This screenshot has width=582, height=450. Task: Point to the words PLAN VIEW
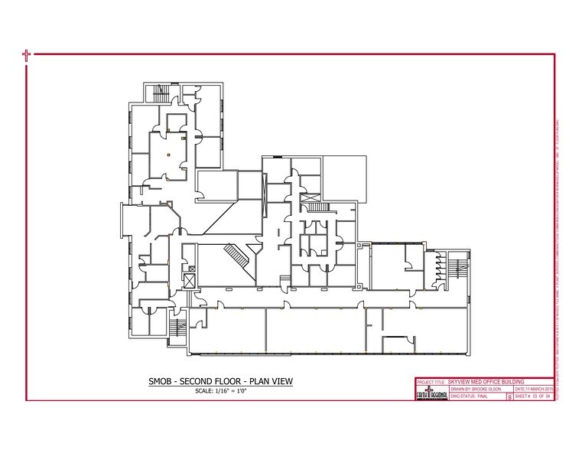point(268,381)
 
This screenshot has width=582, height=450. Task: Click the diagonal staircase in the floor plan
point(234,255)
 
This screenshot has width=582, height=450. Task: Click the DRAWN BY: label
point(431,389)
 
